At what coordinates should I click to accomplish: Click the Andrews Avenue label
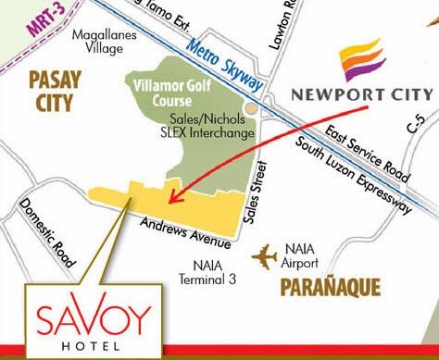(x=186, y=233)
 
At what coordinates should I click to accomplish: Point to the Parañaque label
(x=329, y=289)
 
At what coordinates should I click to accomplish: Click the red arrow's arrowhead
(x=173, y=198)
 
